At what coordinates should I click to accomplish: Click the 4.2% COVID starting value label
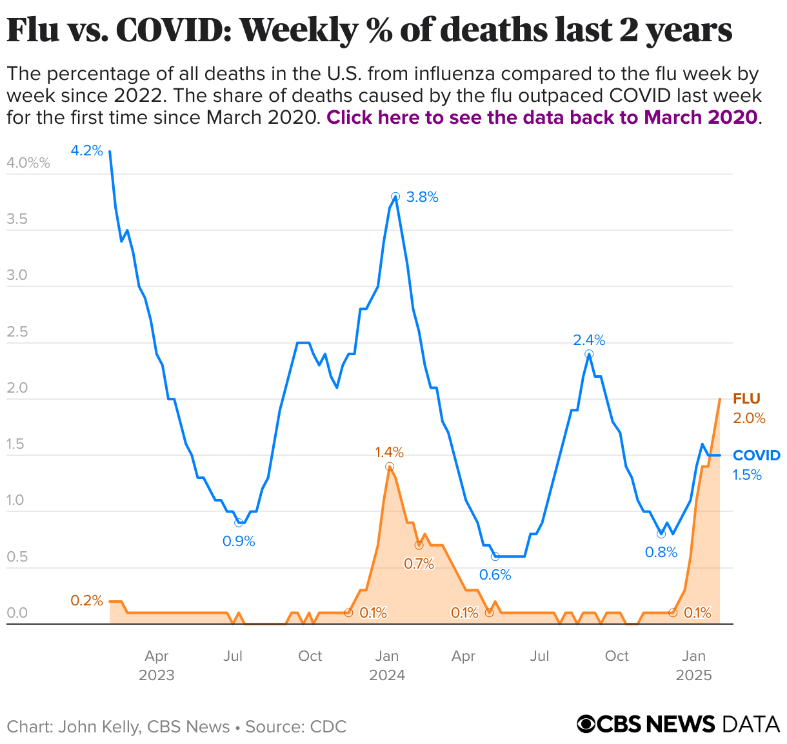pyautogui.click(x=86, y=151)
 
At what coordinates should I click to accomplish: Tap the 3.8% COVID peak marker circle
pyautogui.click(x=395, y=197)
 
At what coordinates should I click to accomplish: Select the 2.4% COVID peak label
pyautogui.click(x=589, y=340)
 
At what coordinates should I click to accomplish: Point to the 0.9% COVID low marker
pyautogui.click(x=239, y=523)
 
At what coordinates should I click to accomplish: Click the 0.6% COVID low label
pyautogui.click(x=495, y=574)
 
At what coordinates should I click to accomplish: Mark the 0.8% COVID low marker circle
pyautogui.click(x=661, y=534)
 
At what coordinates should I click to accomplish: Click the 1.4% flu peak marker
pyautogui.click(x=390, y=466)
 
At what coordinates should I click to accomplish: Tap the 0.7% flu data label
pyautogui.click(x=419, y=564)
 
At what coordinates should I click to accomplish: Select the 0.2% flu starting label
pyautogui.click(x=86, y=601)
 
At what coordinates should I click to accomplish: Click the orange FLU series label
pyautogui.click(x=746, y=399)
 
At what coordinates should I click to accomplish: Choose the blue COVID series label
pyautogui.click(x=756, y=456)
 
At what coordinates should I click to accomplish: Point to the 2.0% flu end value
pyautogui.click(x=749, y=418)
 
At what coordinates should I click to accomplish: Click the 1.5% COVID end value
pyautogui.click(x=747, y=475)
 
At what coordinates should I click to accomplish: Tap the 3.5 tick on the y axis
pyautogui.click(x=17, y=219)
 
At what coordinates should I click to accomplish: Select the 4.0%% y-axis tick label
pyautogui.click(x=28, y=163)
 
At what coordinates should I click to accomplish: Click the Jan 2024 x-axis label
pyautogui.click(x=387, y=665)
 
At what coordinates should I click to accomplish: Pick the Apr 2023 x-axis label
pyautogui.click(x=157, y=665)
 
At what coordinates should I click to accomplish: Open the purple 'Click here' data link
pyautogui.click(x=542, y=117)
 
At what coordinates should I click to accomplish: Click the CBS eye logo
pyautogui.click(x=586, y=725)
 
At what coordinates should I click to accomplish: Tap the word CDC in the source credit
pyautogui.click(x=328, y=727)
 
